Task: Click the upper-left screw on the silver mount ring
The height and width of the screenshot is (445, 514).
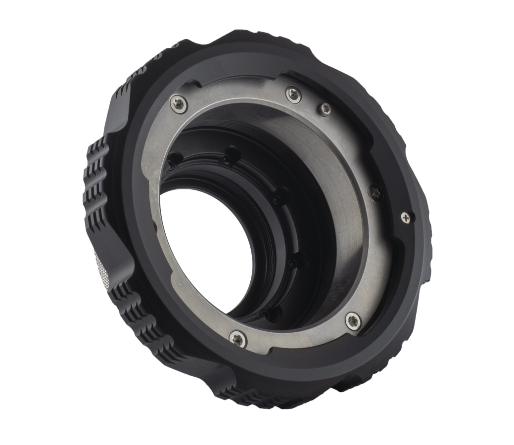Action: click(178, 103)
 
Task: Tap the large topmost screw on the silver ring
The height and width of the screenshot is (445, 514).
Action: click(293, 94)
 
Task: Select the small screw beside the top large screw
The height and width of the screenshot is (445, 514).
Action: click(325, 109)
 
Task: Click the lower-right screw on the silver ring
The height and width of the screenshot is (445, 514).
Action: click(352, 320)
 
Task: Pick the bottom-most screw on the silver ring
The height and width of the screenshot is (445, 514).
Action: click(238, 338)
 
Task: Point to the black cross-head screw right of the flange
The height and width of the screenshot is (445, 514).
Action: click(376, 192)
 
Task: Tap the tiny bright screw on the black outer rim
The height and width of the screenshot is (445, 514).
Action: click(406, 217)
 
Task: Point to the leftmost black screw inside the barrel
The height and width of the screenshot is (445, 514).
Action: click(173, 161)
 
